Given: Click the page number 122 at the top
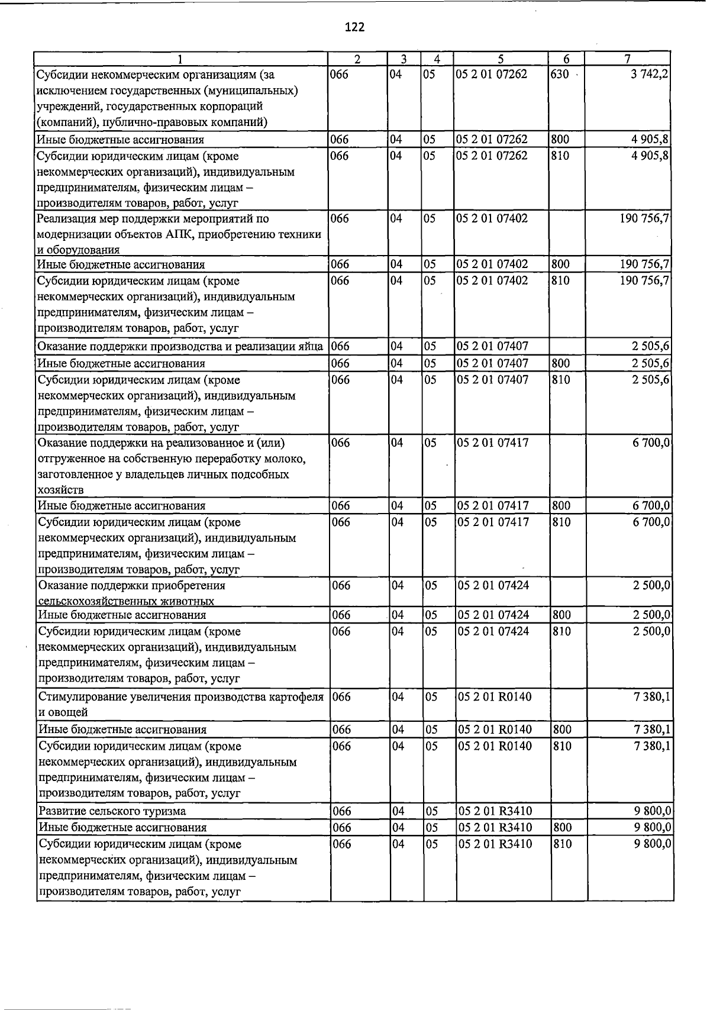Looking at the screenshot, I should click(354, 27).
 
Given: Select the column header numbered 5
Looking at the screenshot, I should click(501, 59).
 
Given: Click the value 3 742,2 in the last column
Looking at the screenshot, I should click(650, 75).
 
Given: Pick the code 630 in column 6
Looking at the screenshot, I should click(560, 75).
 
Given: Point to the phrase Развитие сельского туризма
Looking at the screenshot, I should click(112, 811).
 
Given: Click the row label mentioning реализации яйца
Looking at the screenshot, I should click(180, 346).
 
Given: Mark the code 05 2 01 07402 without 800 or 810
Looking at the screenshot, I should click(492, 218).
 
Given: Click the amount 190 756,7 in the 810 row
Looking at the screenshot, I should click(644, 280).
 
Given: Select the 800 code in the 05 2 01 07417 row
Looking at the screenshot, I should click(561, 506).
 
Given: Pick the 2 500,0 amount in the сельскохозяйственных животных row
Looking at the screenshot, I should click(651, 586).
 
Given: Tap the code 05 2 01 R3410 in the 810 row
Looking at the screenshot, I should click(495, 844).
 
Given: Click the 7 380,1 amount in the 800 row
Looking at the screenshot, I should click(651, 730).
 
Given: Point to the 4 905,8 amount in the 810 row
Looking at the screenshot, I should click(650, 156).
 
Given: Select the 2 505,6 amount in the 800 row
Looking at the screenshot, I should click(651, 363).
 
